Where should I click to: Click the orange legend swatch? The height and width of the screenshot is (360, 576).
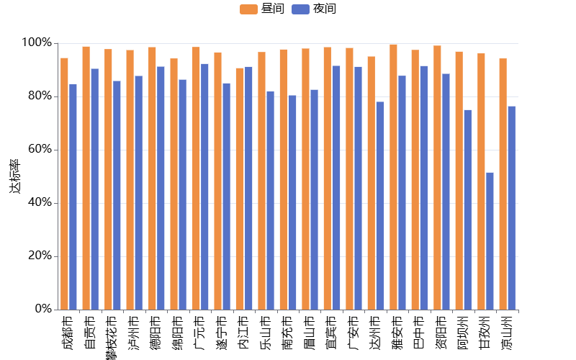248,9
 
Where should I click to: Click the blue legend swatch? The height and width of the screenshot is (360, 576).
300,9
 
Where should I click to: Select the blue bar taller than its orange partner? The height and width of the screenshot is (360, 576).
248,188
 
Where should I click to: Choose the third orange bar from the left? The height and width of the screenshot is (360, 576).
108,179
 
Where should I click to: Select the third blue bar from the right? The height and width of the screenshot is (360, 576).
467,210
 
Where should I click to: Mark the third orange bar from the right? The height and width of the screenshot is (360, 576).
459,180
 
